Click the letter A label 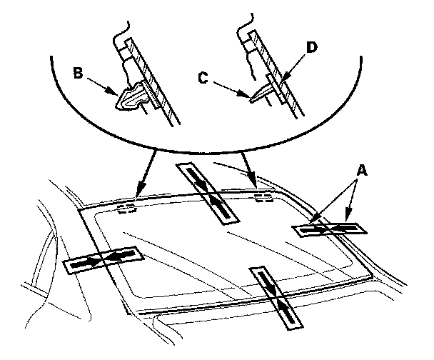click(x=362, y=171)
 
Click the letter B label click(x=78, y=74)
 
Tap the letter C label click(x=203, y=78)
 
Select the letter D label click(x=312, y=47)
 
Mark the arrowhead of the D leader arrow click(x=283, y=79)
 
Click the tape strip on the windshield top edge click(x=208, y=193)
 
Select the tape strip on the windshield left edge click(x=104, y=260)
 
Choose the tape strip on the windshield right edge click(x=329, y=229)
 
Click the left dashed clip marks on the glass click(x=127, y=209)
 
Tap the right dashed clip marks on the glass click(x=263, y=198)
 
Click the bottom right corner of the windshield click(x=372, y=276)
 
